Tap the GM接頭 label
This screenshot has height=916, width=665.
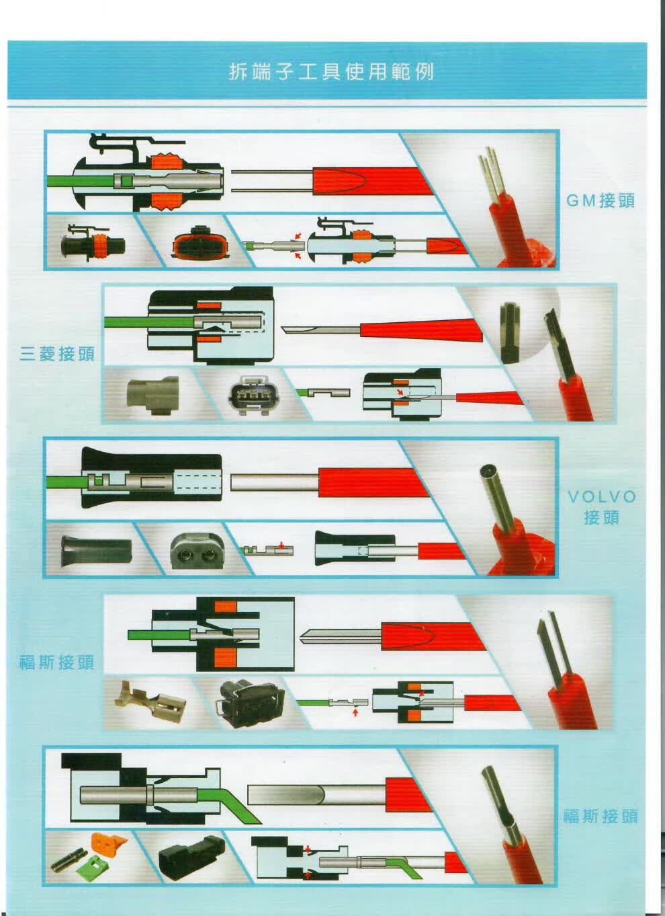coord(600,200)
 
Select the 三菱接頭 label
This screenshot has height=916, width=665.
coord(57,354)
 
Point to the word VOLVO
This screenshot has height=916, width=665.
coord(602,497)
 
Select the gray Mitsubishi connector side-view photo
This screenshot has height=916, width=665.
coord(152,394)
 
